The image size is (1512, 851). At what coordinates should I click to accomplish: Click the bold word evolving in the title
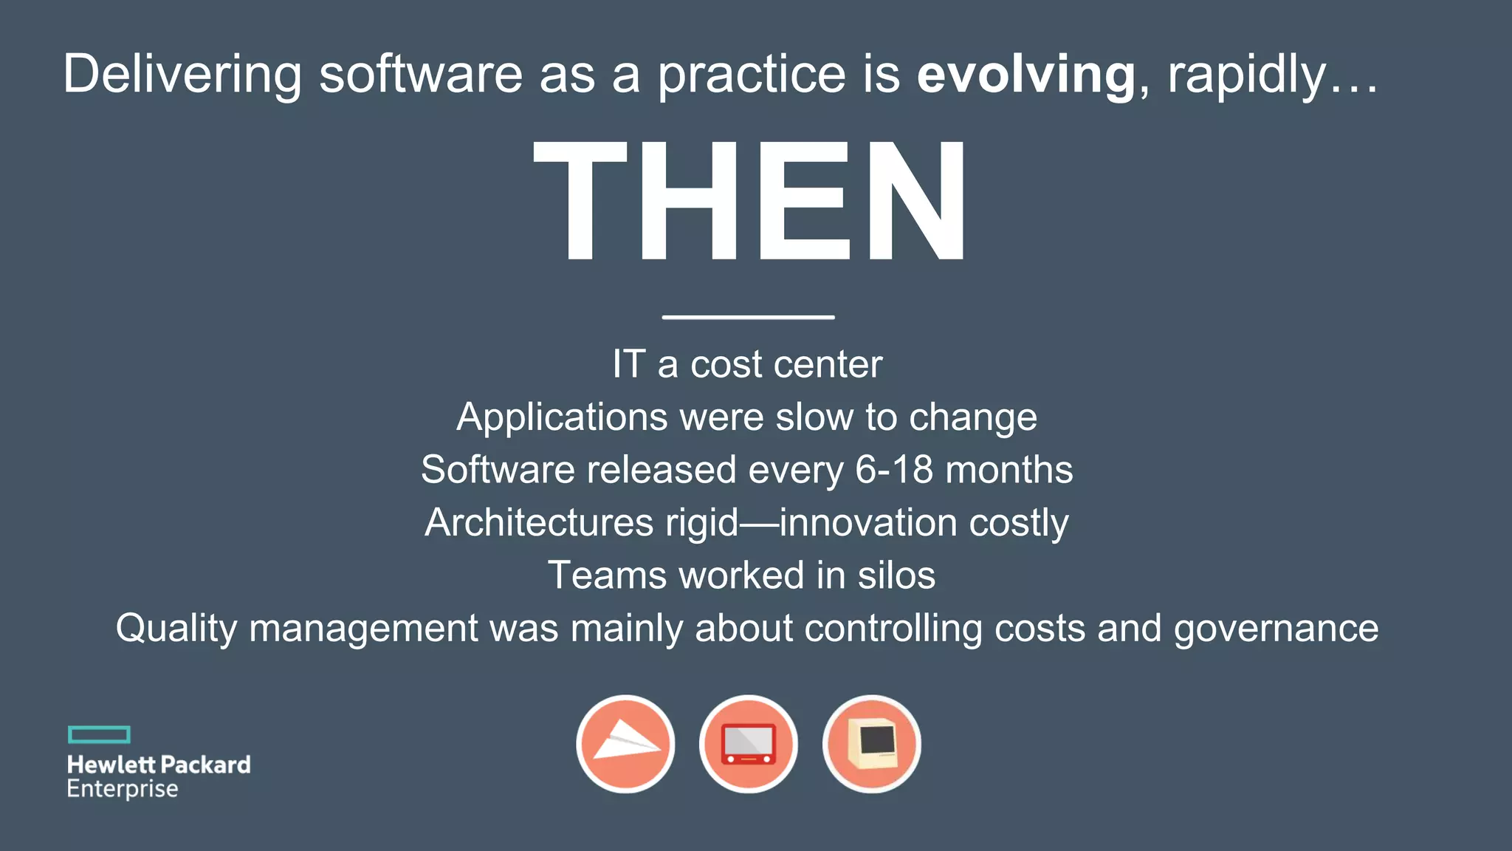click(x=1025, y=75)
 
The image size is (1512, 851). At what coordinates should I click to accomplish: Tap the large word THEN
click(x=749, y=201)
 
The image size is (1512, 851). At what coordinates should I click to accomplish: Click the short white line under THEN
click(x=748, y=317)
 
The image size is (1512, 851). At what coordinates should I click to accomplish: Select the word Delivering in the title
click(x=182, y=75)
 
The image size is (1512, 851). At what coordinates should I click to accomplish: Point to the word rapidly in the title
click(x=1247, y=75)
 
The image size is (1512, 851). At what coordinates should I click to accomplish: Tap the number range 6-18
click(x=893, y=471)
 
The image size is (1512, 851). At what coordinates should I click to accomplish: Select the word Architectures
click(x=539, y=523)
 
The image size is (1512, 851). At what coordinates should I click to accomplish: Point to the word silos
click(x=896, y=575)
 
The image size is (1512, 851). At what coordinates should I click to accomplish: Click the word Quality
click(x=176, y=629)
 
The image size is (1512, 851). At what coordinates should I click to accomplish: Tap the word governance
click(x=1276, y=629)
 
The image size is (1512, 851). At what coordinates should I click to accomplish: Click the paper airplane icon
click(x=625, y=744)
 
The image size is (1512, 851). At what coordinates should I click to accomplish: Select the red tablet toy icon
click(x=748, y=744)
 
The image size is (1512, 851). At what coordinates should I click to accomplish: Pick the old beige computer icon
click(x=871, y=744)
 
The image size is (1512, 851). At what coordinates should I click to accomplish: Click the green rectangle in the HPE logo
click(x=99, y=734)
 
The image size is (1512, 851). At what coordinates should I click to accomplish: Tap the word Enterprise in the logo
click(x=123, y=789)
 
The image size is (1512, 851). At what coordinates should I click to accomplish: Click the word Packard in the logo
click(x=205, y=765)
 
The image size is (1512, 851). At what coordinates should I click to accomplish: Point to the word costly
click(x=1018, y=523)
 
